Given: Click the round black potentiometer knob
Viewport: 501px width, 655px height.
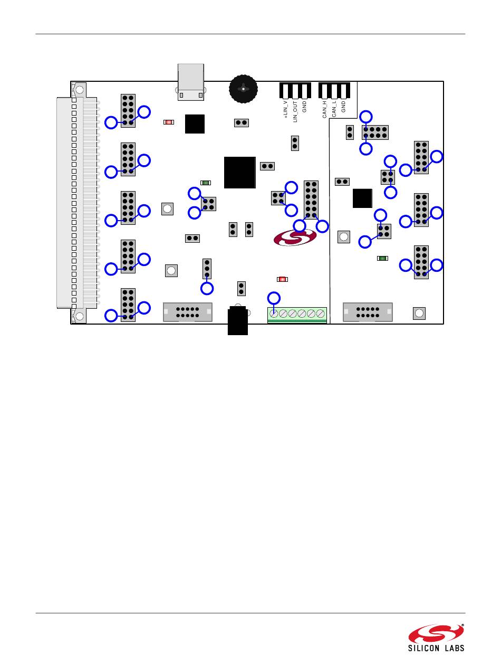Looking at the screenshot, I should [243, 89].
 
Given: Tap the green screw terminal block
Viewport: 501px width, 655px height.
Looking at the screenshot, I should [297, 315].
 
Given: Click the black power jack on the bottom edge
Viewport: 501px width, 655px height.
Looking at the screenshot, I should [238, 321].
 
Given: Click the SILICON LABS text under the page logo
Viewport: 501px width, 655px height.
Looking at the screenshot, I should [436, 648].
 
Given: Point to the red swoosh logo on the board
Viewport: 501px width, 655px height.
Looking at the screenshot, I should [295, 237].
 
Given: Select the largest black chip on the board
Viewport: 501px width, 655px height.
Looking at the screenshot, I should [240, 172].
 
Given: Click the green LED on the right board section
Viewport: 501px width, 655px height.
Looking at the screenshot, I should [383, 258].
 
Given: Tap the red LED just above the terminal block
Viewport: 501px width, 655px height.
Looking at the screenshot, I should [282, 279].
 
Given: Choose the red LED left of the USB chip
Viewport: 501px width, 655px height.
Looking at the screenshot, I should [169, 122].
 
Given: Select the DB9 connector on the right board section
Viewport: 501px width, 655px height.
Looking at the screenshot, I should [368, 312].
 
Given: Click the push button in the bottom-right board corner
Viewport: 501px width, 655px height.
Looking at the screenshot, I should [419, 314].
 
